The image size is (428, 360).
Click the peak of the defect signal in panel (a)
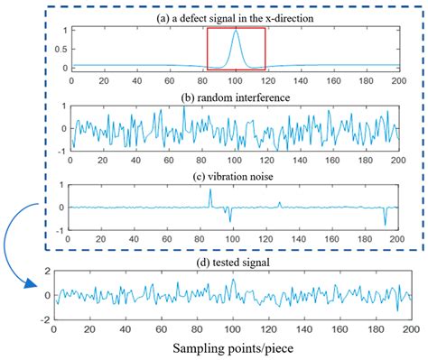tap(236, 31)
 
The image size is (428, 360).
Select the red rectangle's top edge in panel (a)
tap(236, 28)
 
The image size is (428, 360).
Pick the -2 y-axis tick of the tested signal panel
tap(46, 319)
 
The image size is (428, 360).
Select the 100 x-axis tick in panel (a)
tap(236, 79)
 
